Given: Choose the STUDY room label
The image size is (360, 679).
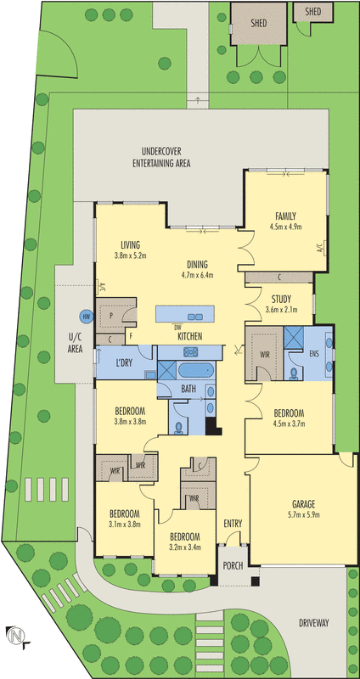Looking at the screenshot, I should coord(282,298).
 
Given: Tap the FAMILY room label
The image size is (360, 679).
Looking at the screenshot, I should coord(285,216).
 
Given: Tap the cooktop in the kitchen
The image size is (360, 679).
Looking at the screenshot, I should coord(189,350).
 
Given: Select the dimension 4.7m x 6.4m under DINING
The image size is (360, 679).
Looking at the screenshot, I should coord(197,275).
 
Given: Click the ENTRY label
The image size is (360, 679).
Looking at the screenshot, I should coord(233,523).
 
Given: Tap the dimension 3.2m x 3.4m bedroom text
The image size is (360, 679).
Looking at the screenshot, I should coord(185,548).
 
